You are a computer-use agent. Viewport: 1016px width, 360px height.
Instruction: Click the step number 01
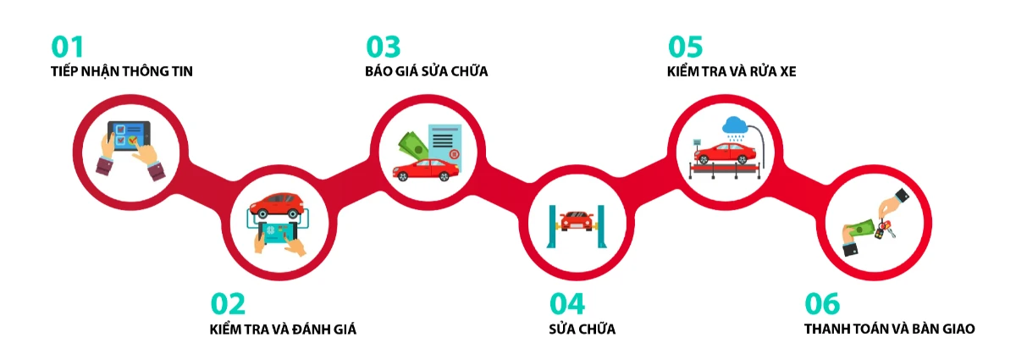coord(67,47)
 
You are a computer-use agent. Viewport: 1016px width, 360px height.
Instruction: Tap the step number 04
coord(567,304)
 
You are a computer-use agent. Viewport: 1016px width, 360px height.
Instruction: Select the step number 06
coord(822,304)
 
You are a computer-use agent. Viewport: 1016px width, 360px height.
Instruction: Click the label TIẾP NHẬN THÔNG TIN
coord(122,71)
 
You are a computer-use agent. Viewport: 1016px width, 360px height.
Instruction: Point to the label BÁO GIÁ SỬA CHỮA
coord(427,71)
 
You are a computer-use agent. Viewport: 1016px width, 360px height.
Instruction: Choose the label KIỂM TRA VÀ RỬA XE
coord(732,71)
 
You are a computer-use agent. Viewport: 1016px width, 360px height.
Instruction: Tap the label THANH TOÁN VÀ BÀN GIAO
coord(890,329)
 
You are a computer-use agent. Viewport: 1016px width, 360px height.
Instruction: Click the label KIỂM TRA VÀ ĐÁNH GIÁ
coord(283,329)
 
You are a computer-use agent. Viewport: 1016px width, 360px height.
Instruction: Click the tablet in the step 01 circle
coord(129,136)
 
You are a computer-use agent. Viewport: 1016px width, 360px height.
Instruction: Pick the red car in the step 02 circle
coord(277,206)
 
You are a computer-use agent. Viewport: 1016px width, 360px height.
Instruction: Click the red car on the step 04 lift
coord(576,221)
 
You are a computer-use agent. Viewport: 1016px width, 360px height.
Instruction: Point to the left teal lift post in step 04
coord(552,226)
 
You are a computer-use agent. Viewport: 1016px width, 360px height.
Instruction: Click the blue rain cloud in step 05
coord(735,125)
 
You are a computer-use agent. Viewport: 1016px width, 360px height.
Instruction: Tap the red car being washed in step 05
coord(725,153)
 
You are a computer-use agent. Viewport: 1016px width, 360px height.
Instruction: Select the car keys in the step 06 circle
coord(885,230)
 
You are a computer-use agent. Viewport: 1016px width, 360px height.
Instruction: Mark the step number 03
coord(384,47)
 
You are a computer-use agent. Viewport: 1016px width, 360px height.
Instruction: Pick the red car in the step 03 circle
coord(425,169)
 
